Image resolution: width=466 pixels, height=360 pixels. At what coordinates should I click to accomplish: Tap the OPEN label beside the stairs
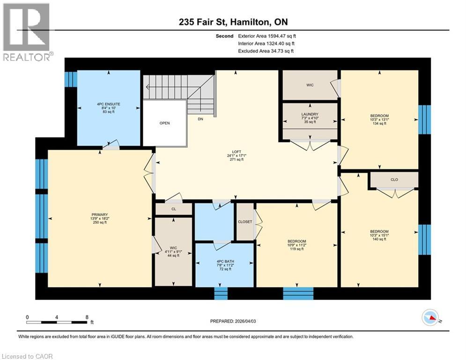(164, 123)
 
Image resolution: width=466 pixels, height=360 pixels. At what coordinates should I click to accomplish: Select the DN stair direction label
(200, 119)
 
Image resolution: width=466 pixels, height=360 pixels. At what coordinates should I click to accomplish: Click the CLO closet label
(394, 179)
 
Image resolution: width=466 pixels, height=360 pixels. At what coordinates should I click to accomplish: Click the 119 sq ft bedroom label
(296, 245)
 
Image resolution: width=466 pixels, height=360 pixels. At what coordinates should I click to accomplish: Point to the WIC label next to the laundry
(310, 85)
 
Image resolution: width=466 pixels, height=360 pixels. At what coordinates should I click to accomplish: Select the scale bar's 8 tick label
(87, 317)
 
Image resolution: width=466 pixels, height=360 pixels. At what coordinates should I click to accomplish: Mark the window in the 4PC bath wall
(221, 293)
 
